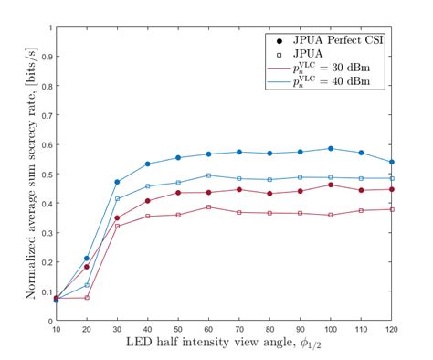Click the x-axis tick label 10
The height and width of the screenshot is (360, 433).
click(56, 329)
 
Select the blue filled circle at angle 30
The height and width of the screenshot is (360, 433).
click(117, 182)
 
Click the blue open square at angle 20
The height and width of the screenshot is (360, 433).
click(87, 285)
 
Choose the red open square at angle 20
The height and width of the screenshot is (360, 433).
click(87, 297)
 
